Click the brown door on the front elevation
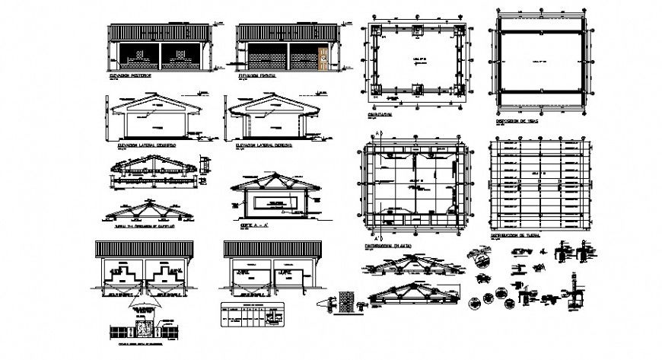coord(323,59)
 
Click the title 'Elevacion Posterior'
coord(131,76)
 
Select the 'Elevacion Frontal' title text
coord(255,76)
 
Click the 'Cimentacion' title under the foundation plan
coord(380,114)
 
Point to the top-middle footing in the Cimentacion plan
coord(417,30)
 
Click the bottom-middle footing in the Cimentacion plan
coord(417,89)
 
